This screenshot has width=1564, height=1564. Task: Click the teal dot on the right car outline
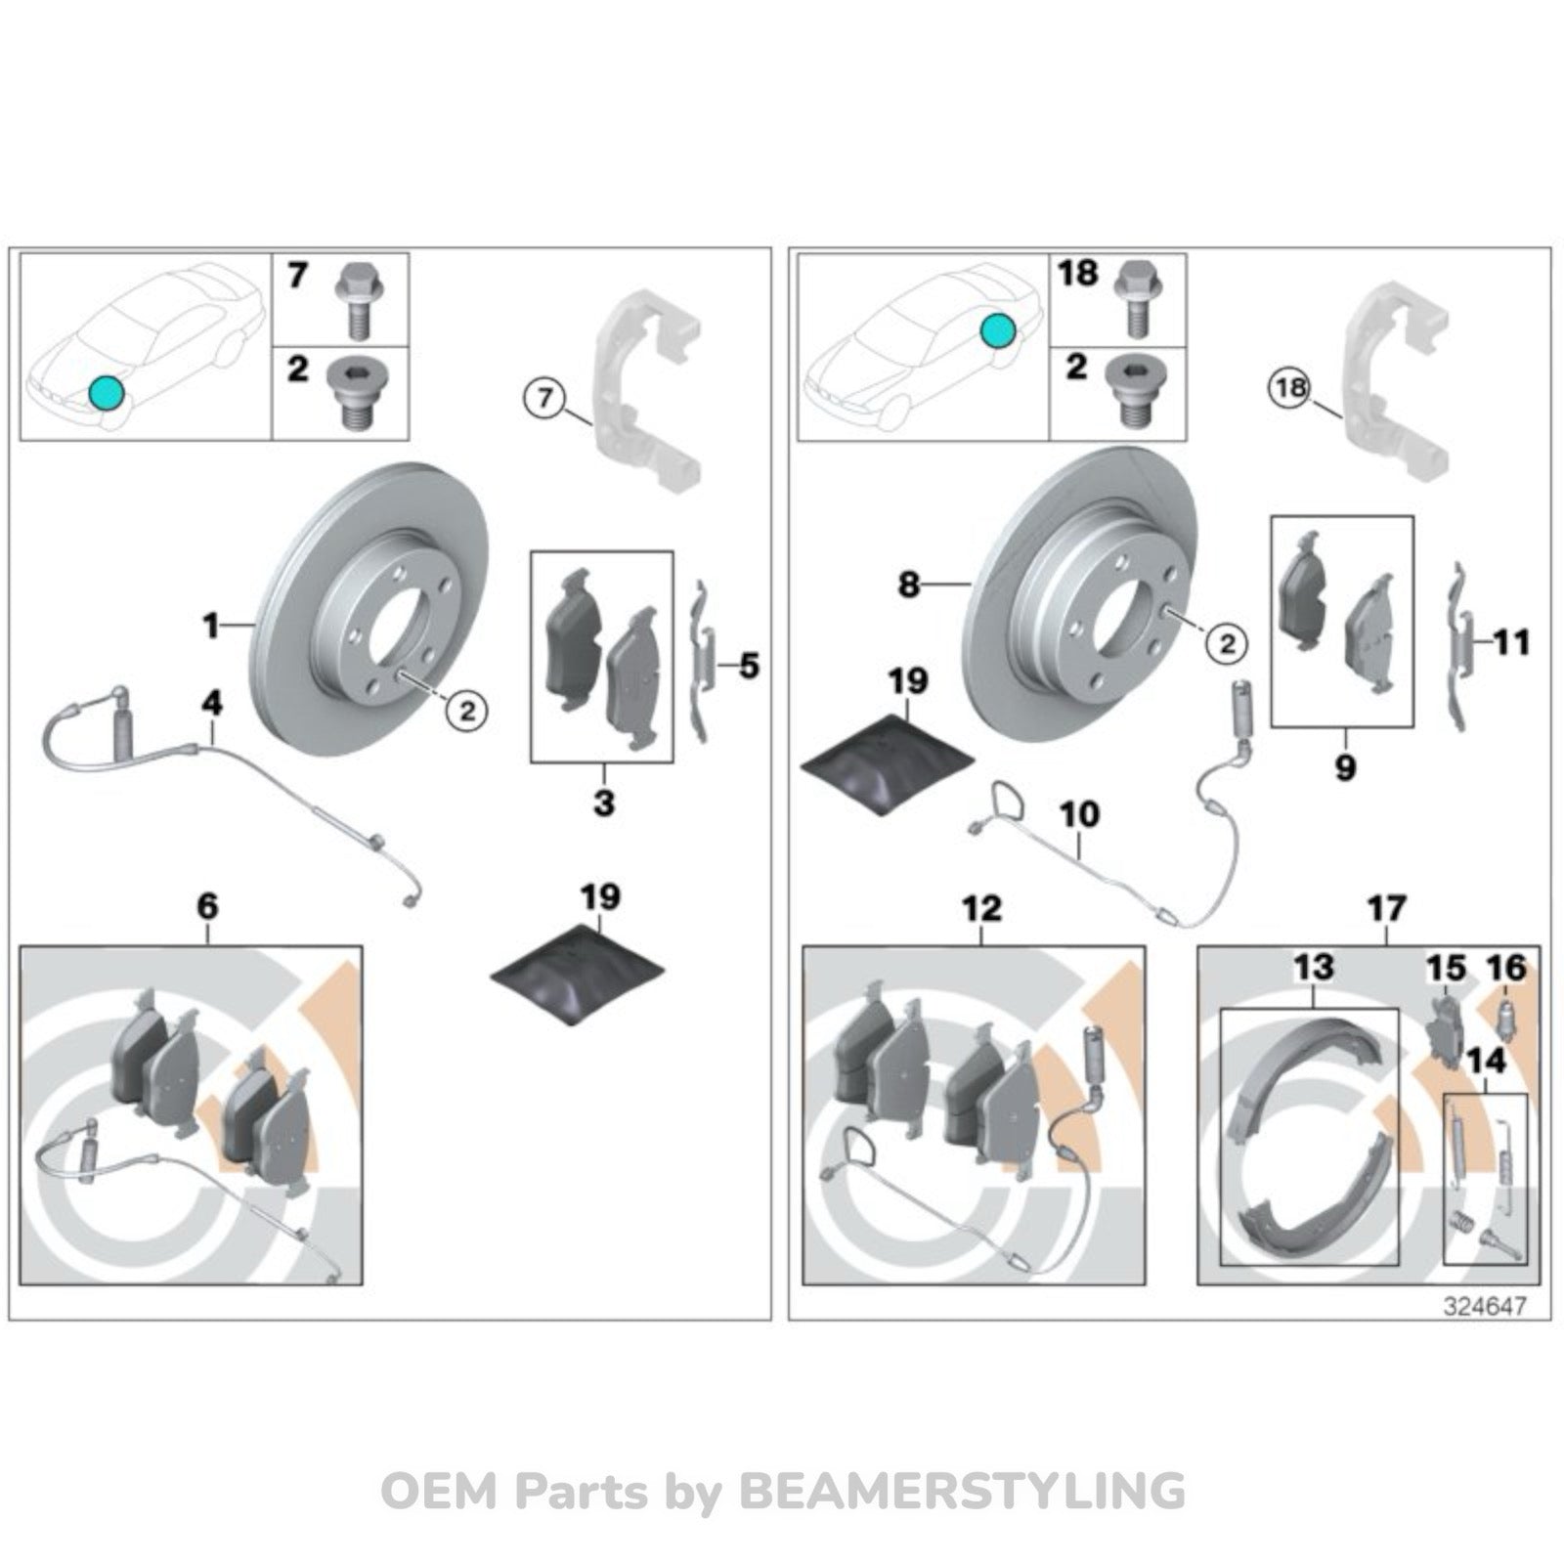997,331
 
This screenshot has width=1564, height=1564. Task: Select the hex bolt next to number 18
1135,297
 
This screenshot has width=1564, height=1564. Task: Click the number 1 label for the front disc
211,625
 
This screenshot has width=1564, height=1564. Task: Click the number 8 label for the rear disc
909,585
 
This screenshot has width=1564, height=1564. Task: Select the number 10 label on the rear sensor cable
1080,813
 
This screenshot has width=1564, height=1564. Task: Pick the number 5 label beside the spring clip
749,667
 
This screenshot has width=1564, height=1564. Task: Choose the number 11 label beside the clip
1512,643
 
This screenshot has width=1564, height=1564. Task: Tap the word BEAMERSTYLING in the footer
962,1492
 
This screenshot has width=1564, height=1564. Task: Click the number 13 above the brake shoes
1313,967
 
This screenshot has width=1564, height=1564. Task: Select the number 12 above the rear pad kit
982,908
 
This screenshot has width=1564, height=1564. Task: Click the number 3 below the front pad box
604,803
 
